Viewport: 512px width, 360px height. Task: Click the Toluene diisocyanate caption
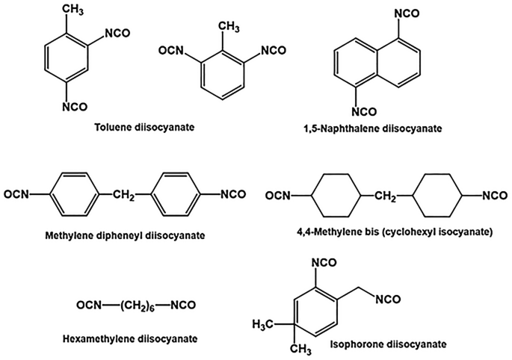[145, 127]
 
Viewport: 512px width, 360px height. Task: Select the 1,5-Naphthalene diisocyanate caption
[372, 128]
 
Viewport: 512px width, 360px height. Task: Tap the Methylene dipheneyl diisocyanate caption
[125, 235]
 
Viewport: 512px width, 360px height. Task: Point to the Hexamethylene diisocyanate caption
[130, 338]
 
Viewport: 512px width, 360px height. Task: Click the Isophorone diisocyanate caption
[388, 344]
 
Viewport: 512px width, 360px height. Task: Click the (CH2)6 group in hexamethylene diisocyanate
[136, 305]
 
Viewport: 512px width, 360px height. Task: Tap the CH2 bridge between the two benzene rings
[124, 195]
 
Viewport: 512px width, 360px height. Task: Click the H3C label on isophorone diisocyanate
[263, 325]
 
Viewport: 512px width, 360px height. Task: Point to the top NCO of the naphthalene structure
[407, 13]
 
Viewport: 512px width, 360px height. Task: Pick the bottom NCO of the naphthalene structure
[364, 111]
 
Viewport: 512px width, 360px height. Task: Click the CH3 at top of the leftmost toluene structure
[73, 10]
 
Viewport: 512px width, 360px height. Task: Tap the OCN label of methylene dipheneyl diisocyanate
[16, 194]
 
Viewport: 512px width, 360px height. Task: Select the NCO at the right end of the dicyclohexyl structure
[495, 196]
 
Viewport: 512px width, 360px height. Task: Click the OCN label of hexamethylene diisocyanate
[89, 305]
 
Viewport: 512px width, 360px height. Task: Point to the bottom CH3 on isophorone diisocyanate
[300, 350]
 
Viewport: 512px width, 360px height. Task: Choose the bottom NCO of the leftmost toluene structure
[75, 107]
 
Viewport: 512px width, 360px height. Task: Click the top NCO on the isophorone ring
[324, 263]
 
